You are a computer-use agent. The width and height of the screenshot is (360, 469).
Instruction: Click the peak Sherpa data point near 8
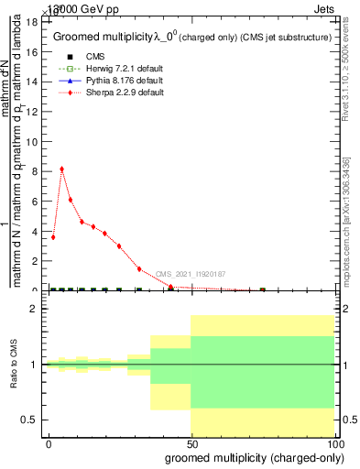pos(61,169)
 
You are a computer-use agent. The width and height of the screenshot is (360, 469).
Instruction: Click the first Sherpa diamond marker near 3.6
pos(53,237)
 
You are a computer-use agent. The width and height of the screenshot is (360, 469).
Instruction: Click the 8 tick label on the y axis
pos(35,171)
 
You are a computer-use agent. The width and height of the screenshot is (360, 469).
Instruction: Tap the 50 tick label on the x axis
pos(191,443)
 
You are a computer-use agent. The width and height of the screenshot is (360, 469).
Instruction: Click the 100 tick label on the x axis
pos(334,443)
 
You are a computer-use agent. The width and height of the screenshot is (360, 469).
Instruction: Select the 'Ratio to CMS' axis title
pos(15,365)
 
